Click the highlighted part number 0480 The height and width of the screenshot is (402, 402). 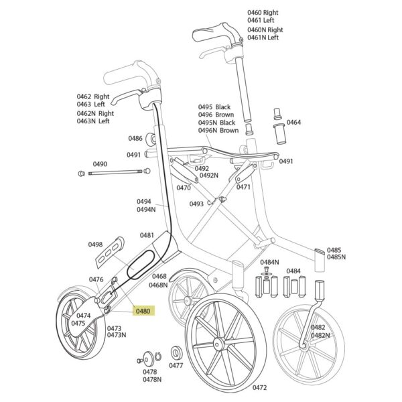click(143, 312)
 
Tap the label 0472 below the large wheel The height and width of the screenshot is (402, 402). click(260, 388)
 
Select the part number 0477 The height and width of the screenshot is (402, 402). click(176, 365)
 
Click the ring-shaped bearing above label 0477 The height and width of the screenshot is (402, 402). click(176, 353)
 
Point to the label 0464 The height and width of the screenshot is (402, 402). click(293, 122)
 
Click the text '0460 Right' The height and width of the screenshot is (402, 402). click(263, 12)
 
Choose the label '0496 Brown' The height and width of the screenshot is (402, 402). click(216, 115)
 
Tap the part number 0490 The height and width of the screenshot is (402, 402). click(100, 164)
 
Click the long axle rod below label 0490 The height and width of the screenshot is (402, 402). click(115, 173)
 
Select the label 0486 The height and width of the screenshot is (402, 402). click(135, 139)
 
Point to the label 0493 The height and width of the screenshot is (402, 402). click(196, 204)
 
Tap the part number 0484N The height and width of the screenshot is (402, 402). click(269, 262)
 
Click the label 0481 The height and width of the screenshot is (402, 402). click(147, 235)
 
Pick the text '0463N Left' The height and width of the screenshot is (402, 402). click(93, 121)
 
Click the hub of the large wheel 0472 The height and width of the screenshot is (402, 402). click(218, 343)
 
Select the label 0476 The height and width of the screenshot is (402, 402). click(96, 279)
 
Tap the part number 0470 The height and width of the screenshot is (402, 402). click(184, 188)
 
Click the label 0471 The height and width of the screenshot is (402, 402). click(243, 187)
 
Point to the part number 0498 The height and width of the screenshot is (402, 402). click(95, 245)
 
